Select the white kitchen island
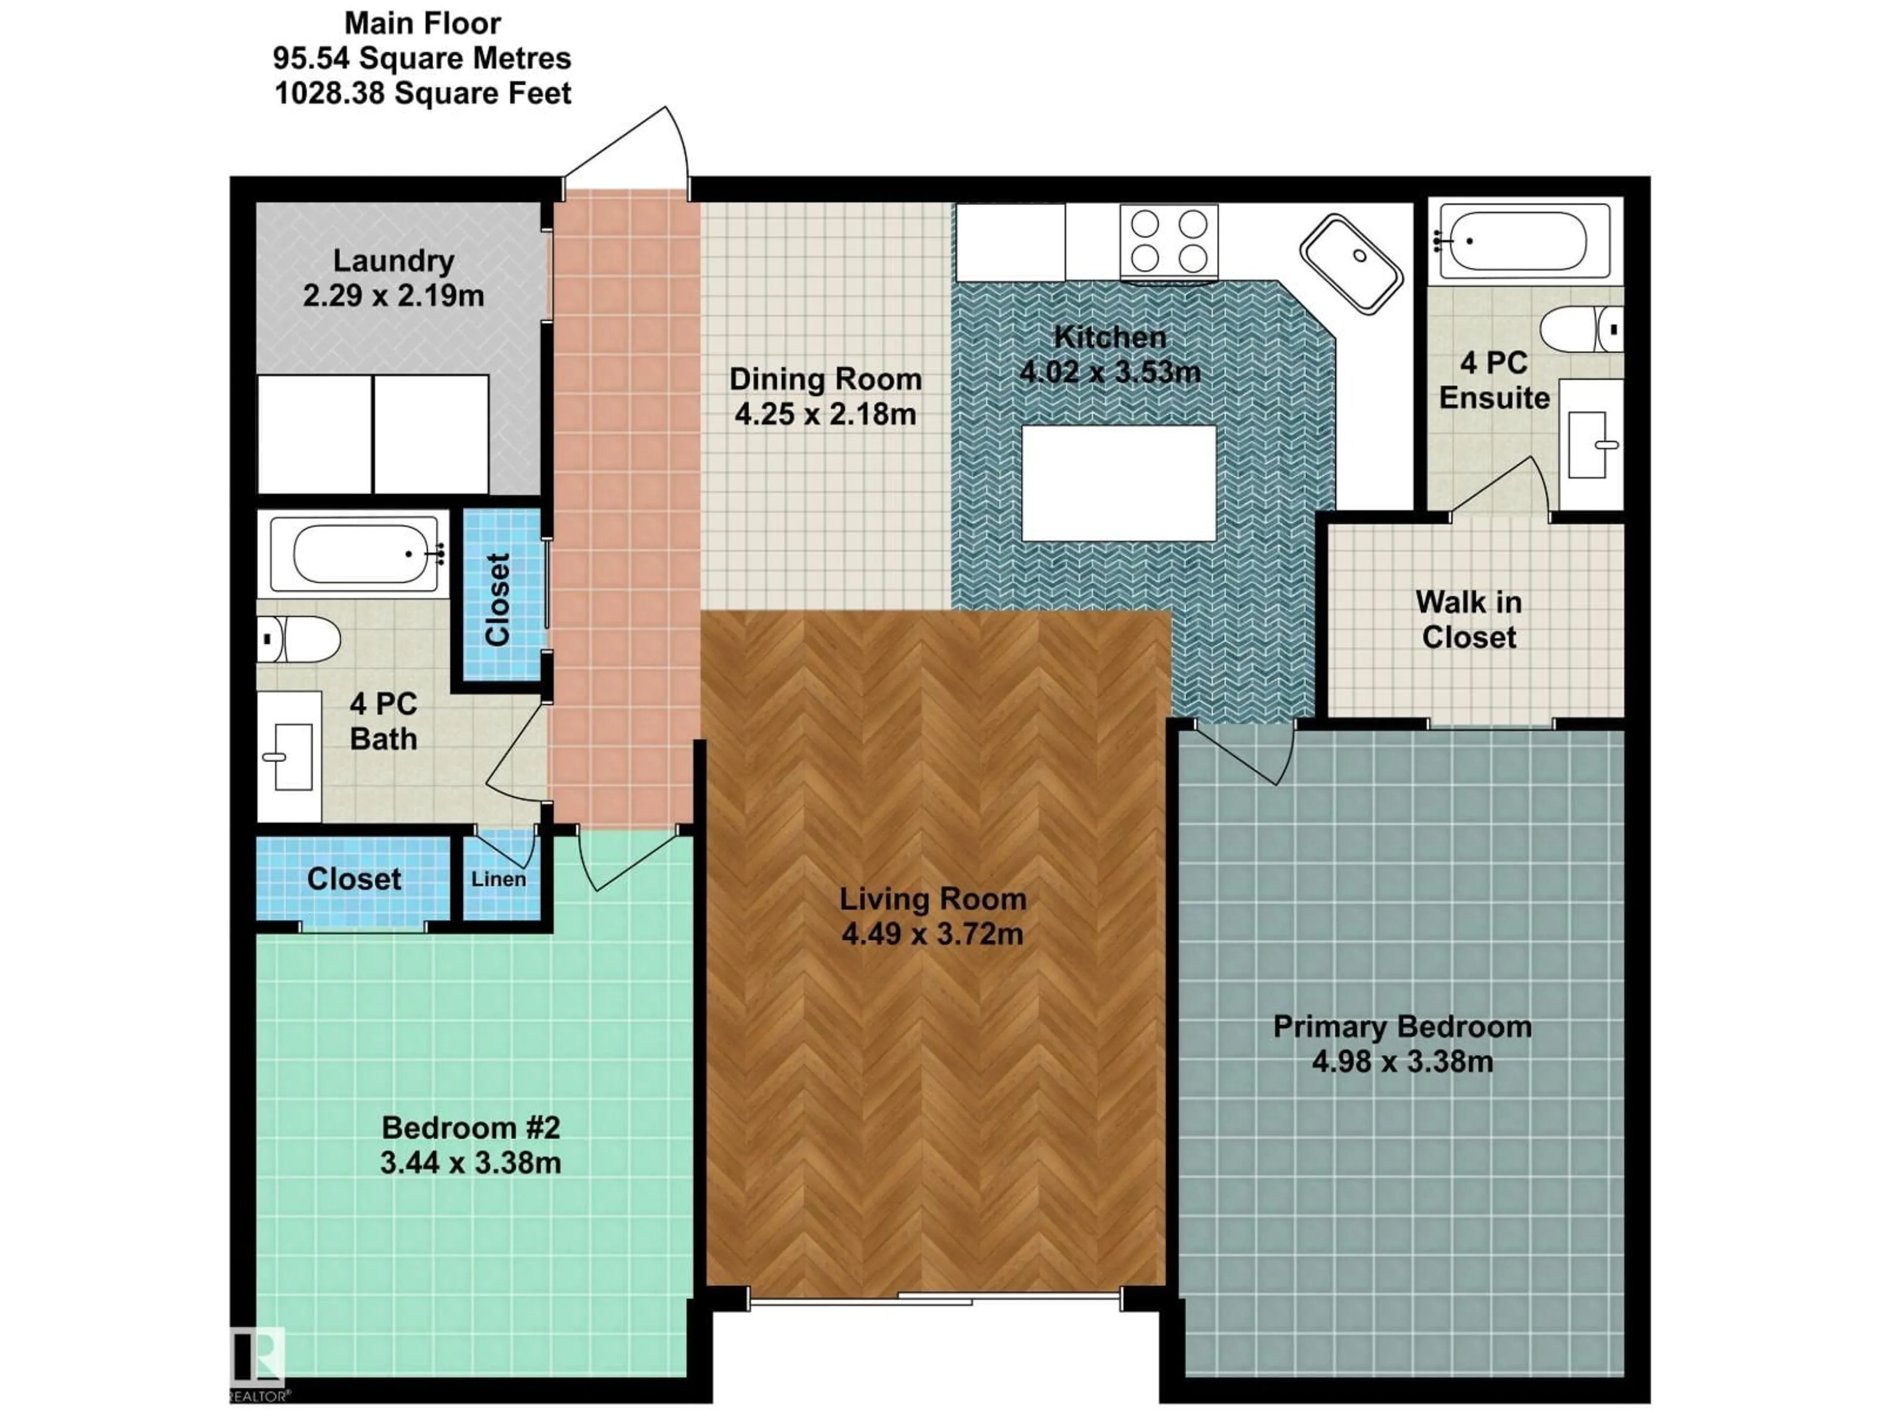[x=1119, y=483]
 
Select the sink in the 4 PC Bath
[x=289, y=756]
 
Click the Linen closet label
[x=499, y=879]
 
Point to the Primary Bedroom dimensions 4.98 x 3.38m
[x=1402, y=1061]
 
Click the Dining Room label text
[x=825, y=379]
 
